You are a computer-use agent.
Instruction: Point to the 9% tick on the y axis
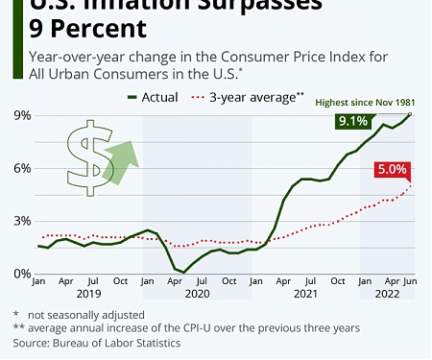coord(20,115)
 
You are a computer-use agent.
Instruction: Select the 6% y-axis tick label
coord(20,168)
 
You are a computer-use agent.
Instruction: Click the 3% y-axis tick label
coord(20,221)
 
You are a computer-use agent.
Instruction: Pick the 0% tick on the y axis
coord(20,274)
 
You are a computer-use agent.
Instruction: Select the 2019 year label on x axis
coord(88,295)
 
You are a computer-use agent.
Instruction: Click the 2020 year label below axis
coord(197,295)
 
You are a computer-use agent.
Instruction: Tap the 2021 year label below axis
coord(305,295)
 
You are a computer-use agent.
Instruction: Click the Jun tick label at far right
coord(411,282)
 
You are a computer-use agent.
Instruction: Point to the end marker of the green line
coord(412,114)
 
